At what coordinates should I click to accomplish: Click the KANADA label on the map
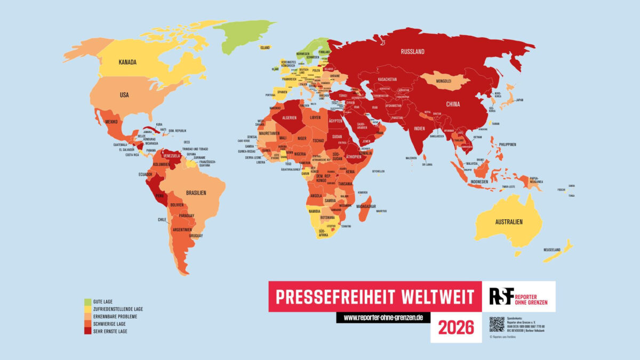[128, 62]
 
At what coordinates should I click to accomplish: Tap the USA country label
[124, 95]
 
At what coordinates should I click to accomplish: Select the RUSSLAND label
[413, 52]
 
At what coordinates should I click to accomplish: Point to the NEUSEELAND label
[553, 250]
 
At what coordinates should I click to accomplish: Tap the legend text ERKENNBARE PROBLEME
[115, 316]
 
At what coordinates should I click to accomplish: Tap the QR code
[497, 324]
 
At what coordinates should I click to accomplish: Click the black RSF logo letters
[502, 295]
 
